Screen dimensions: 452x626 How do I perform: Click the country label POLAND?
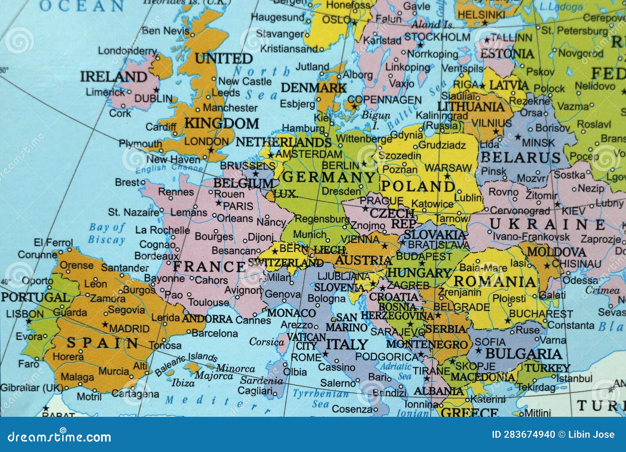tap(418, 186)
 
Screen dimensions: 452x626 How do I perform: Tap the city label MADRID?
tap(129, 328)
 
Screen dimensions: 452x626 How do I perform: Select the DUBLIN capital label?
tap(153, 99)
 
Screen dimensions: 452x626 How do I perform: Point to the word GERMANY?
tap(329, 177)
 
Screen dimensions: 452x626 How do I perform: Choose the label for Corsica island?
tap(266, 342)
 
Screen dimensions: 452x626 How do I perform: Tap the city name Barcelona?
tap(215, 334)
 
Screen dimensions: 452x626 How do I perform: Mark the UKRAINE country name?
tap(547, 224)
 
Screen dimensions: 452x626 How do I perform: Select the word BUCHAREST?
tap(541, 314)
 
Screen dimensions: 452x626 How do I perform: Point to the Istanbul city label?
tap(574, 378)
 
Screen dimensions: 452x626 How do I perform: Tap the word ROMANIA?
tap(495, 281)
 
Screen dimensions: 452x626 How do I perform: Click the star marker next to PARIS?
tap(218, 203)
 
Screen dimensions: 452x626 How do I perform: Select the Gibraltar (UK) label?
tap(31, 388)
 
